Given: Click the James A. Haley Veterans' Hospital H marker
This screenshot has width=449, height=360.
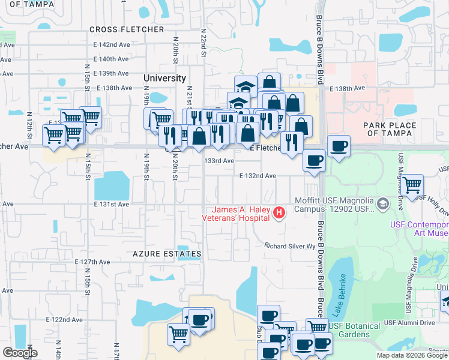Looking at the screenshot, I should click(279, 212).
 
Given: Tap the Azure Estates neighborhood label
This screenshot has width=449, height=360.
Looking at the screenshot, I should click(167, 254).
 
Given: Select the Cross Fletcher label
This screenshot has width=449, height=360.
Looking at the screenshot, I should click(127, 29).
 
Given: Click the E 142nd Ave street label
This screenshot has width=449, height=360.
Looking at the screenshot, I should click(112, 45).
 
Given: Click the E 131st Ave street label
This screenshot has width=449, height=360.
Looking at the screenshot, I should click(111, 204).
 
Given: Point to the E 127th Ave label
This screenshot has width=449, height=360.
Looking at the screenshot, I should click(92, 262).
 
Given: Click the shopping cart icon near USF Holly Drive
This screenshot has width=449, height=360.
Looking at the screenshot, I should click(412, 184).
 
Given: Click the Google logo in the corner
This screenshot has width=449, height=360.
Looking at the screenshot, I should click(20, 352).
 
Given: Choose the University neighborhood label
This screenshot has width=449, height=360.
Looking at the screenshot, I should click(164, 79).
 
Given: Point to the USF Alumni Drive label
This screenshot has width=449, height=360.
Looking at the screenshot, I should click(411, 323).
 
